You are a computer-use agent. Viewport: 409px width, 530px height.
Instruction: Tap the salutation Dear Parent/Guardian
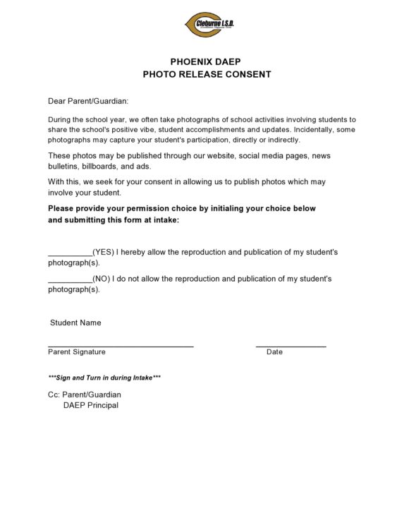(88, 102)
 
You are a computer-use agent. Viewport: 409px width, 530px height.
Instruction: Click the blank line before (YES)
(70, 252)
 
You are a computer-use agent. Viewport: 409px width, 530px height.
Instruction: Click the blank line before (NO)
(70, 279)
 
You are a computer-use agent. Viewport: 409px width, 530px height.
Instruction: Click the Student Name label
(75, 323)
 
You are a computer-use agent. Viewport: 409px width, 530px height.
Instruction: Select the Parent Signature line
(121, 345)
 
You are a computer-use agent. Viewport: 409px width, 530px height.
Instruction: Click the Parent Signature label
(77, 351)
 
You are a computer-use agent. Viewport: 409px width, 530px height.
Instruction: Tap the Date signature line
(291, 345)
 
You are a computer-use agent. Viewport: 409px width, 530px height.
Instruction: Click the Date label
(274, 351)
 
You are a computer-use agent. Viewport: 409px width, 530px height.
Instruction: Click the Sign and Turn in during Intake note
(104, 378)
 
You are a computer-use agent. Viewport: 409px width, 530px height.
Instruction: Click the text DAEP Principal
(91, 405)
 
